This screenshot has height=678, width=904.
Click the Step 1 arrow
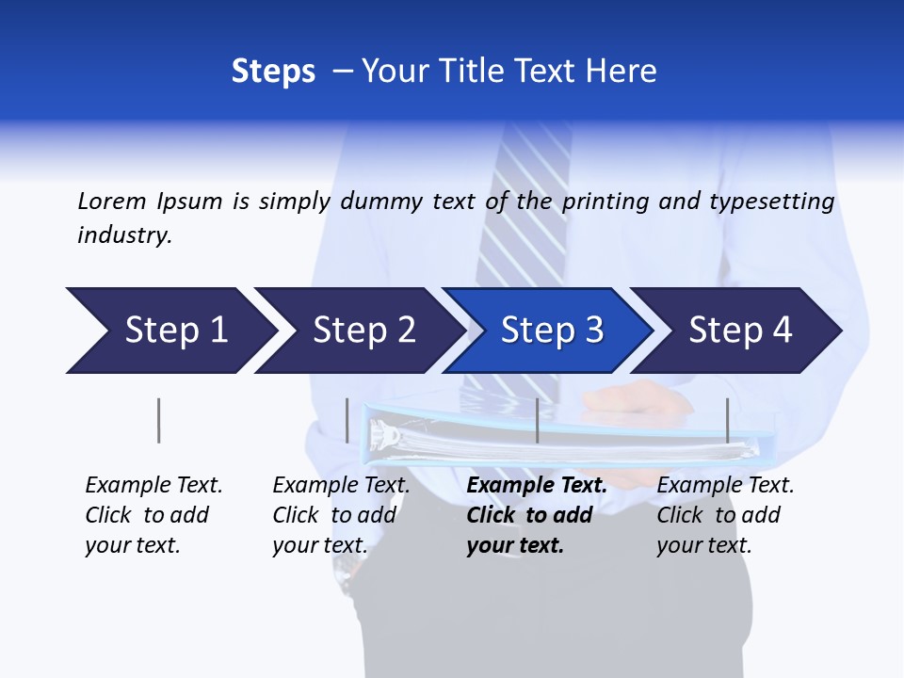click(169, 331)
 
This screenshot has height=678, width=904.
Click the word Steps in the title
click(273, 71)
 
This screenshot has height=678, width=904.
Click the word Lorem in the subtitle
click(111, 201)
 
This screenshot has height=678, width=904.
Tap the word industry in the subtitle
click(124, 235)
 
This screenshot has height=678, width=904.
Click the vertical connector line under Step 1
click(158, 420)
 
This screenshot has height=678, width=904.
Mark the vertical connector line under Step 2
click(347, 420)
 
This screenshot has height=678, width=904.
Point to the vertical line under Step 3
click(537, 420)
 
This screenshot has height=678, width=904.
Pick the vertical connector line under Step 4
click(727, 420)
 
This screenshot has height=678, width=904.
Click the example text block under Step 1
click(153, 515)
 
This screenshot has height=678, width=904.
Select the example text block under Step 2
click(340, 515)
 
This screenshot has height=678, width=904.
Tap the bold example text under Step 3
click(536, 515)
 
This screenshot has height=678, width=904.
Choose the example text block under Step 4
click(724, 515)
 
